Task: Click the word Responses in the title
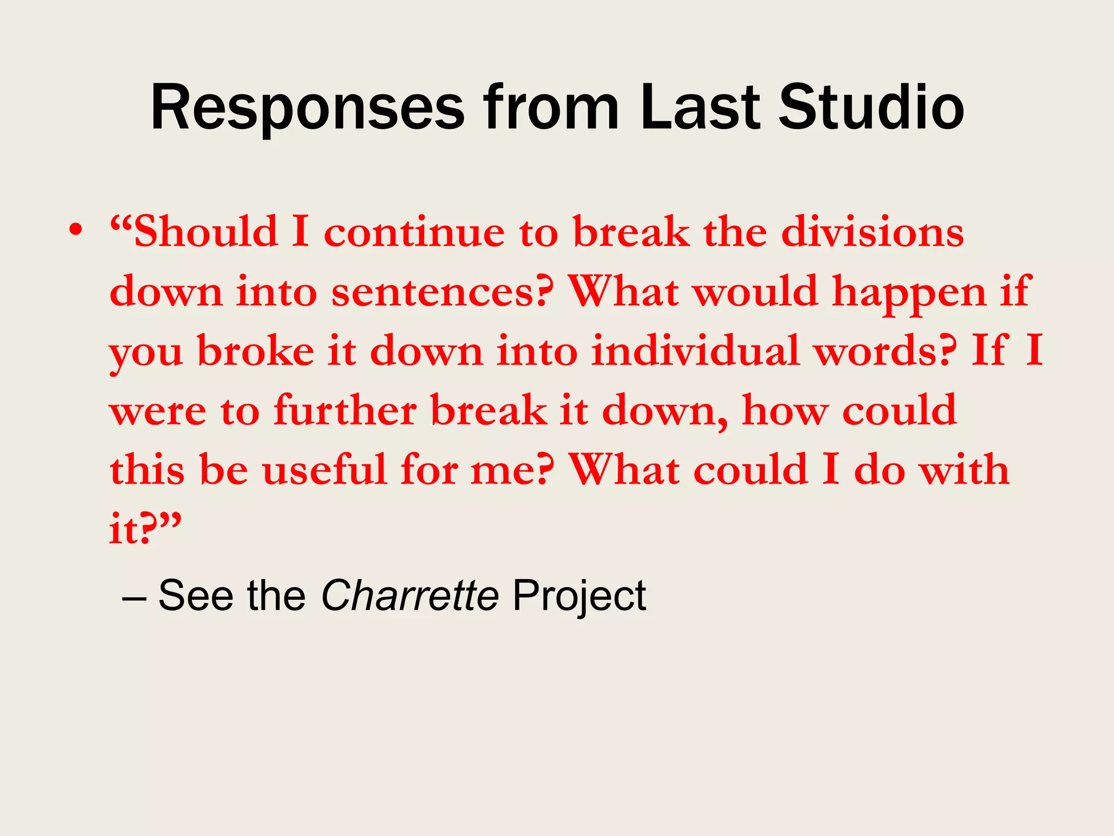pyautogui.click(x=307, y=109)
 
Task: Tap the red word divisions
pyautogui.click(x=872, y=232)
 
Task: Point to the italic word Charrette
pyautogui.click(x=410, y=595)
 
